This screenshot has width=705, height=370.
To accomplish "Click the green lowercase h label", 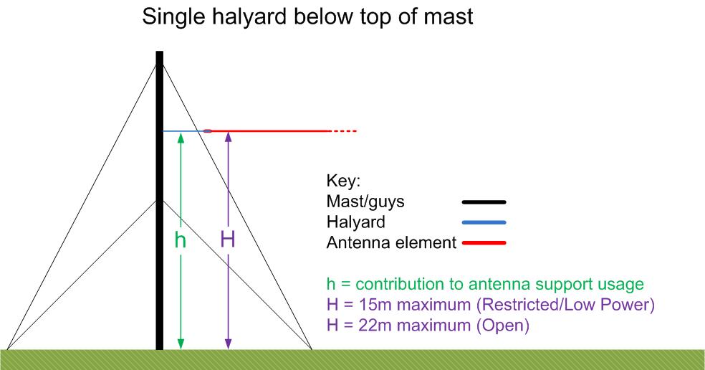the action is (x=181, y=240).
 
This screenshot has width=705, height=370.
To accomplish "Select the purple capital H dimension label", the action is (x=228, y=239).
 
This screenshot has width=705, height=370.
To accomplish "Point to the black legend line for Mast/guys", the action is (x=484, y=202).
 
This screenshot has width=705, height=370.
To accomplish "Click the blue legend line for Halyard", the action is (x=484, y=222).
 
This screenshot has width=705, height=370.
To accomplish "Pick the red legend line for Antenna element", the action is (x=484, y=243).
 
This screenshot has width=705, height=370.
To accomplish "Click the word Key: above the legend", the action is (x=343, y=181).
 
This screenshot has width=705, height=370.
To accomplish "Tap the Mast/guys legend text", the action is (x=365, y=201).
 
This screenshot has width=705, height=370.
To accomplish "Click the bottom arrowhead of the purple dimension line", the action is (x=228, y=344).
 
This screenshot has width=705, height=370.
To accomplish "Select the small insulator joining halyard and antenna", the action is (x=208, y=131).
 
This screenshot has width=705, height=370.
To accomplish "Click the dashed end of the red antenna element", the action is (x=344, y=131).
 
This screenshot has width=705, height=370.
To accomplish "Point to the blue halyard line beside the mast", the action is (x=183, y=131).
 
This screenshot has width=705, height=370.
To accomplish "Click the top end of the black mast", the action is (x=160, y=52).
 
